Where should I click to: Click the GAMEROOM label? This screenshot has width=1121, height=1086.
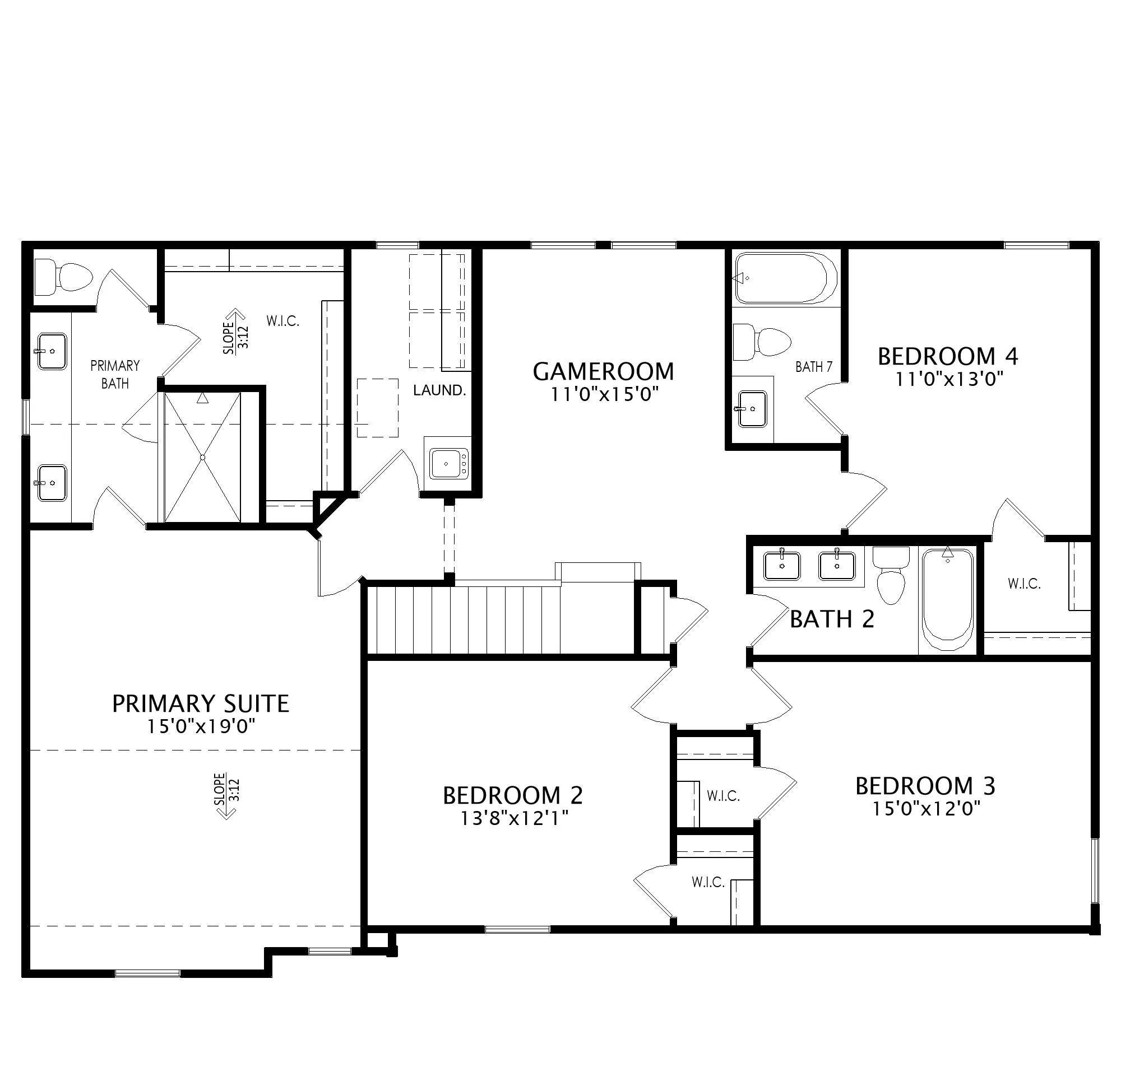tap(604, 371)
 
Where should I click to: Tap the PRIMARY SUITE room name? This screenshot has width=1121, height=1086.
tap(201, 703)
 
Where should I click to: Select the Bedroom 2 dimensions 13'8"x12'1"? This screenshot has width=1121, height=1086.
tap(513, 818)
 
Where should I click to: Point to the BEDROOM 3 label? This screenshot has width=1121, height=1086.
tap(925, 786)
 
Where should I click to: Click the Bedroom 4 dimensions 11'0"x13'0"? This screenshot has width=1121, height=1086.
tap(949, 379)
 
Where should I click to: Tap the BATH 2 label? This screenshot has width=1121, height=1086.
tap(832, 619)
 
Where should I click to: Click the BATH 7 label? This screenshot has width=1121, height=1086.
tap(814, 367)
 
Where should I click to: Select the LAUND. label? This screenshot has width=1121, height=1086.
tap(439, 390)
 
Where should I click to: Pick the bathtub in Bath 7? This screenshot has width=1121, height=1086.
tap(785, 278)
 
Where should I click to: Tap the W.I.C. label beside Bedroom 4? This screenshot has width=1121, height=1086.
tap(1024, 584)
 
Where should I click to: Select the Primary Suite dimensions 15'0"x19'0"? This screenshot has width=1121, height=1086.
tap(201, 727)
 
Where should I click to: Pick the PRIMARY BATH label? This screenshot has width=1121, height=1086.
tap(115, 374)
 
